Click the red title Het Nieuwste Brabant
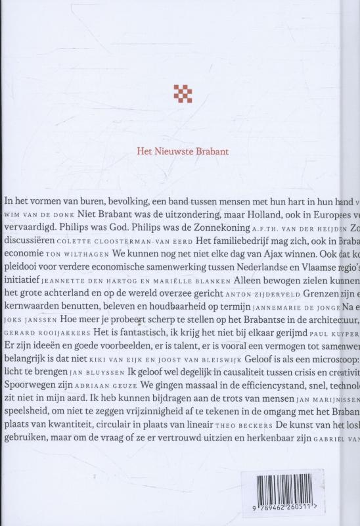(x=180, y=149)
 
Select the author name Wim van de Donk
(x=39, y=216)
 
